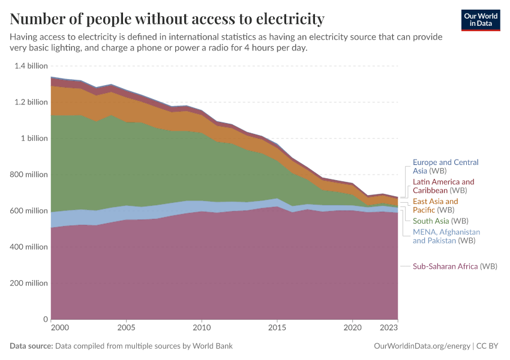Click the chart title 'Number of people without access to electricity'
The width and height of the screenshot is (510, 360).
click(x=167, y=19)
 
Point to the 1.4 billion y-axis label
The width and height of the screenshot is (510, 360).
click(x=31, y=66)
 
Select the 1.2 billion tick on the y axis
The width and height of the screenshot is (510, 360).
click(x=31, y=102)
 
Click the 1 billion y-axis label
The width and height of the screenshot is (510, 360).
click(x=35, y=138)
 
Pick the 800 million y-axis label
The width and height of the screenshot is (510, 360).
click(x=29, y=175)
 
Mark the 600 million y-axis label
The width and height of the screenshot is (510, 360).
click(x=29, y=211)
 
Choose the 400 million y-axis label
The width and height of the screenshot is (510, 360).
click(x=29, y=247)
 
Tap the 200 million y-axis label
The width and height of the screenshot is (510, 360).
click(x=29, y=283)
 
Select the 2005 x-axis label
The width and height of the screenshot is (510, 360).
click(x=126, y=328)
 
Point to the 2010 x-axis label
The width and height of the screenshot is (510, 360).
click(x=202, y=328)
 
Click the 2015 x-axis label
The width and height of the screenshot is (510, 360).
click(x=277, y=328)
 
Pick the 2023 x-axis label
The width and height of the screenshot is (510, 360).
click(x=389, y=328)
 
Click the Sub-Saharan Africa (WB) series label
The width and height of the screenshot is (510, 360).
click(x=455, y=266)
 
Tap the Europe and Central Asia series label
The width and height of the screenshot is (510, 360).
click(x=446, y=167)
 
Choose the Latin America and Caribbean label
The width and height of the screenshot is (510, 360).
click(x=443, y=186)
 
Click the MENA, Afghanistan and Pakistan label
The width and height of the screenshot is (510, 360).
click(x=446, y=236)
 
